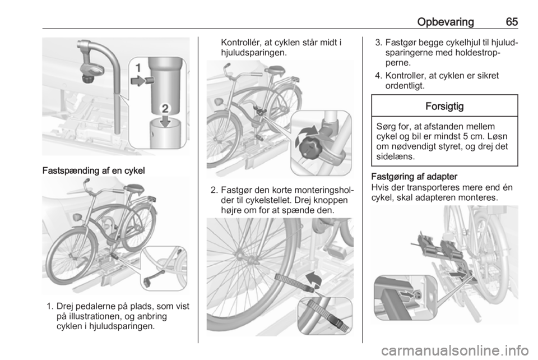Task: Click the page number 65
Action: [512, 22]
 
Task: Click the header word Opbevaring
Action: [446, 22]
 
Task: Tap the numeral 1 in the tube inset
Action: [138, 68]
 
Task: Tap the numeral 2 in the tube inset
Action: [165, 109]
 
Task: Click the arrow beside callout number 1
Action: [138, 81]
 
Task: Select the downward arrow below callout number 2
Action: [165, 121]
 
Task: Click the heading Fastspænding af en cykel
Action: [94, 170]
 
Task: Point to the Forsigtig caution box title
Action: [444, 106]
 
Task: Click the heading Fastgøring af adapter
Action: [414, 177]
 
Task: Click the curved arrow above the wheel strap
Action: [313, 279]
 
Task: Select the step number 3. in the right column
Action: [378, 43]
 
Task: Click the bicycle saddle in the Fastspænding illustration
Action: [134, 188]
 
